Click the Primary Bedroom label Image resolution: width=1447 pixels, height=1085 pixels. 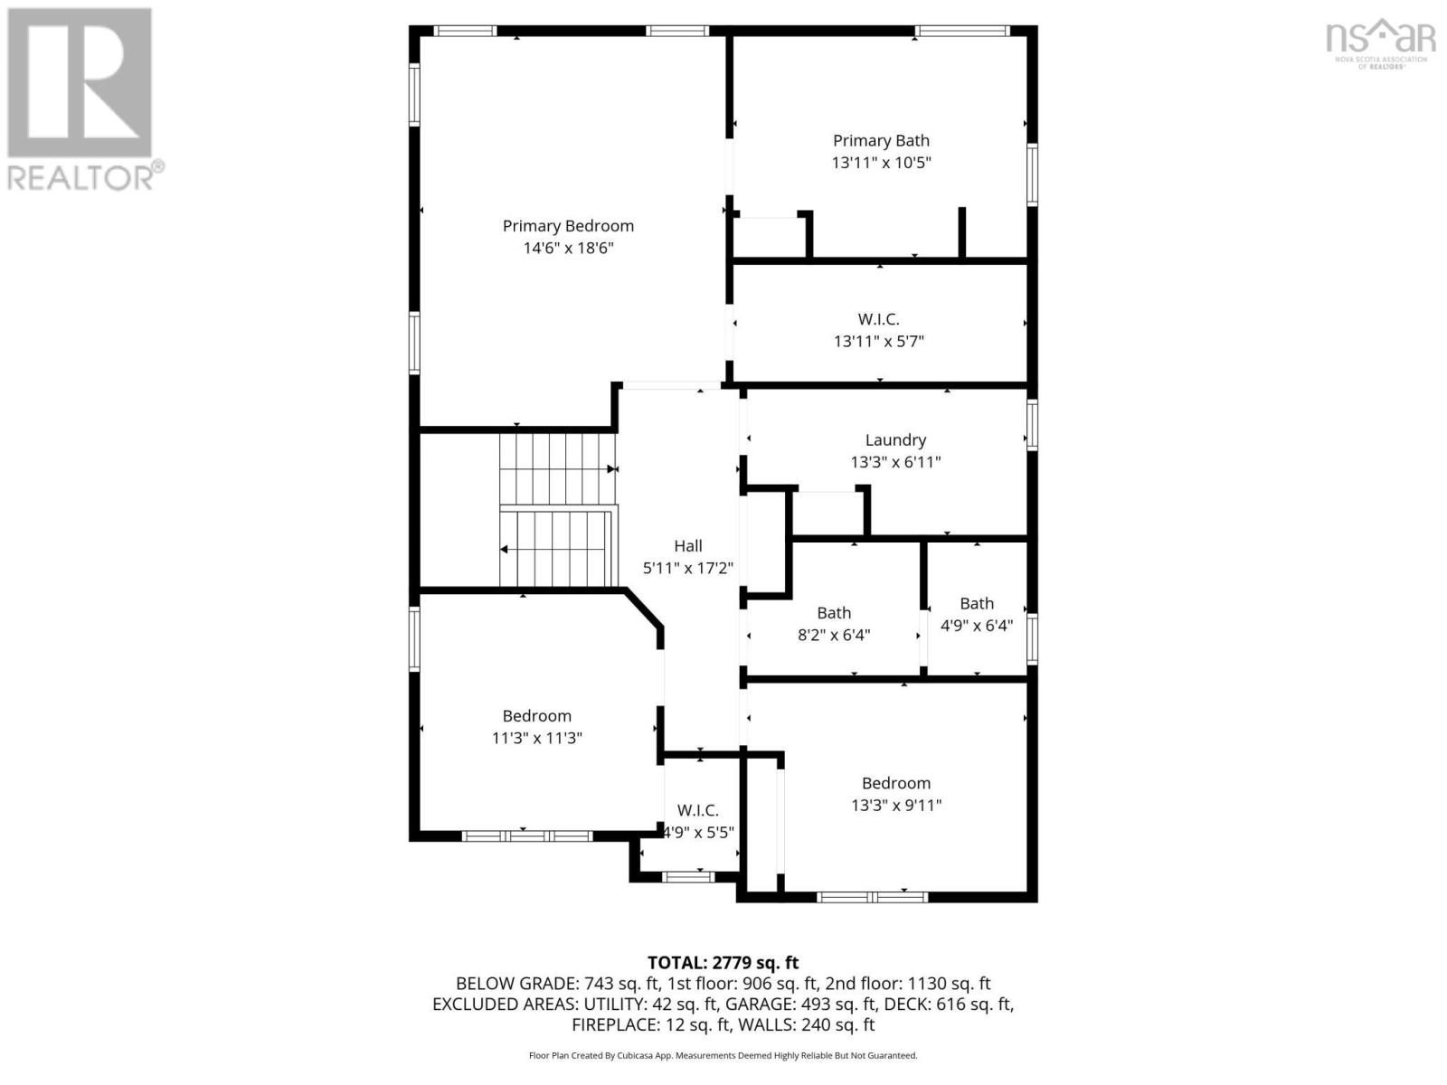568,226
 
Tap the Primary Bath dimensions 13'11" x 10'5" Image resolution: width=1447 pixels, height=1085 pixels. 881,162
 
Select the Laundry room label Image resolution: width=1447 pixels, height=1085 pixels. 895,439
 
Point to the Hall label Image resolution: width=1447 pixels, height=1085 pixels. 687,545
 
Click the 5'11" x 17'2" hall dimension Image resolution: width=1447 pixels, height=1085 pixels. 687,568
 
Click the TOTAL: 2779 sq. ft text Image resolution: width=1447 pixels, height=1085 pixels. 723,962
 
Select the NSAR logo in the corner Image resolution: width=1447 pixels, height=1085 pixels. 1380,42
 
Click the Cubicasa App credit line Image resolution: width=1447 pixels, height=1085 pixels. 723,1055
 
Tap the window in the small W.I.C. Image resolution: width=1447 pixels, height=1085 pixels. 687,877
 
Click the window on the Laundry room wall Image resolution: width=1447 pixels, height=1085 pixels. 1032,425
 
